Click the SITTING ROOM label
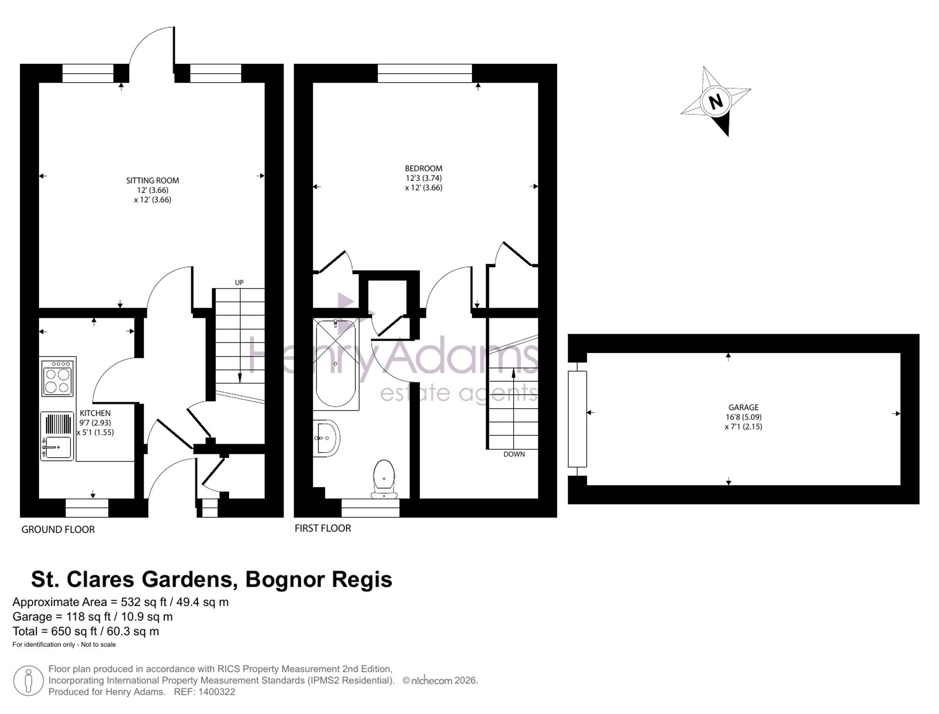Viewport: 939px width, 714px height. coord(153,180)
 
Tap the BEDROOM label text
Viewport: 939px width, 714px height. coord(423,169)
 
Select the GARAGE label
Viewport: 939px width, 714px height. coord(743,407)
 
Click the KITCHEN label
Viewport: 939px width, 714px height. coord(95,413)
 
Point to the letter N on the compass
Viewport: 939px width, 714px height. coord(716,101)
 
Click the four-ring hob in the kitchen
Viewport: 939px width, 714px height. coord(58,377)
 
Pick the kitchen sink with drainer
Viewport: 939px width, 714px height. coord(57,436)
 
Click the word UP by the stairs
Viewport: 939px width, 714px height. coord(239,283)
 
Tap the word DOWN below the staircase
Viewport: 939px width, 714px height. coord(514,454)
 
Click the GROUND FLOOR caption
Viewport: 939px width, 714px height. coord(58,530)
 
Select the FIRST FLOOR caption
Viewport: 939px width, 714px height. coord(323,528)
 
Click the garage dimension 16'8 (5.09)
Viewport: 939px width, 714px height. coord(743,417)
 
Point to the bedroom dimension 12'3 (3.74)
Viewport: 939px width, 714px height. coord(423,178)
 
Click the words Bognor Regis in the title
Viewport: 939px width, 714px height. coord(319,579)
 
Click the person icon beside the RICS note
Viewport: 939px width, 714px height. coord(29,681)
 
